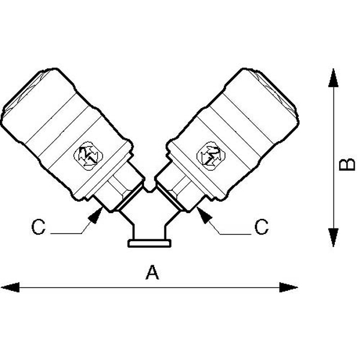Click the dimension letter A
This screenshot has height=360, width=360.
coord(152,273)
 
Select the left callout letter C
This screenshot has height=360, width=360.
coord(38,227)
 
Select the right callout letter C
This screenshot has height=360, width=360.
coord(261,227)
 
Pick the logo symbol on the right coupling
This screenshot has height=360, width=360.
coord(210,155)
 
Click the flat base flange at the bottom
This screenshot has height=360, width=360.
coord(149,244)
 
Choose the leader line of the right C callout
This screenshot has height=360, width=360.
coord(231,233)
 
